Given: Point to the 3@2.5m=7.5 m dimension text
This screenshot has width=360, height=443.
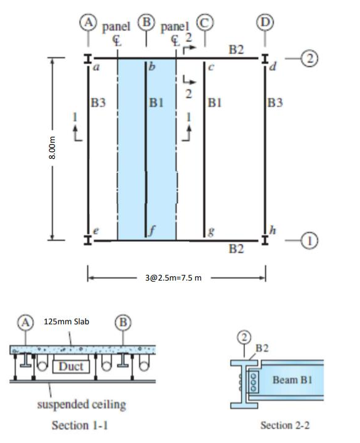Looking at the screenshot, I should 176,277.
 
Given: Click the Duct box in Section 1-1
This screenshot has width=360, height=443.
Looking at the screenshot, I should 73,367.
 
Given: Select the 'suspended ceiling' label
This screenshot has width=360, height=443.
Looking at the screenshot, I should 82,404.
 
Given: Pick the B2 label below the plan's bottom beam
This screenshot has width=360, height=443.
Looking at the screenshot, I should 236,249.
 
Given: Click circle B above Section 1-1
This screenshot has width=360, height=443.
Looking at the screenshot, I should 122,321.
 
